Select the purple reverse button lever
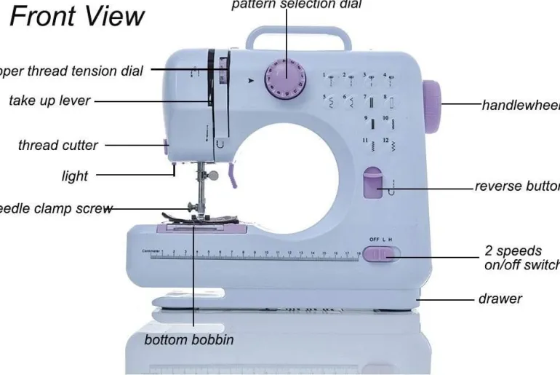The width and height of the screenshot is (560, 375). coord(374,185)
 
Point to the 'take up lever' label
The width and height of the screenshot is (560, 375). coord(50,101)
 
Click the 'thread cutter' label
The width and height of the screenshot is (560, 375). coord(58,145)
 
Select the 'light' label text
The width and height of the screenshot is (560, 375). coord(75,175)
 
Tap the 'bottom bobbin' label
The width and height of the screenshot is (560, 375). coord(189,340)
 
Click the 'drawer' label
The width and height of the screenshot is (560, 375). coord(500,299)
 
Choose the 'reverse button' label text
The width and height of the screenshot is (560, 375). coord(517,186)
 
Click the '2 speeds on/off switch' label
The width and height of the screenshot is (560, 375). coord(520,258)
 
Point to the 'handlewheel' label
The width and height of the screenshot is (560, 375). coord(520,105)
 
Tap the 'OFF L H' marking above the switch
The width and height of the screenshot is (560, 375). coord(381,240)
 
